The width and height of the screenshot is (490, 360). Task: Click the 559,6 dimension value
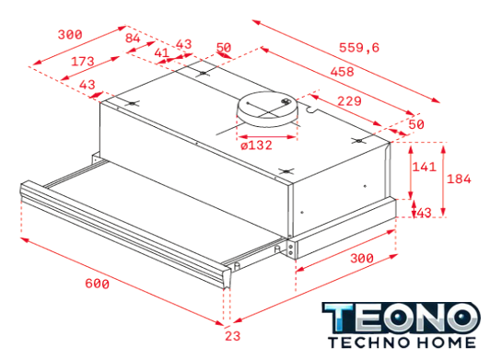click(359, 48)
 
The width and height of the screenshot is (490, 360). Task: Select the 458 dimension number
click(343, 72)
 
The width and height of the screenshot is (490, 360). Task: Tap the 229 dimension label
click(349, 101)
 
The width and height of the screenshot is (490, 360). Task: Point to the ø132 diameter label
click(256, 145)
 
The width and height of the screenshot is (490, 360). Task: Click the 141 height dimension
click(424, 167)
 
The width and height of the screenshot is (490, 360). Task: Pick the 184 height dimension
click(459, 179)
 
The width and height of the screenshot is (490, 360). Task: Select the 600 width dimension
click(98, 284)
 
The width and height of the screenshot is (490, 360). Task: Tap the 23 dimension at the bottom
click(233, 336)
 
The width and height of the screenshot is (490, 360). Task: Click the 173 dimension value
click(83, 62)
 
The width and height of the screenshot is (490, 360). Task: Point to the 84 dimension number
click(133, 38)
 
